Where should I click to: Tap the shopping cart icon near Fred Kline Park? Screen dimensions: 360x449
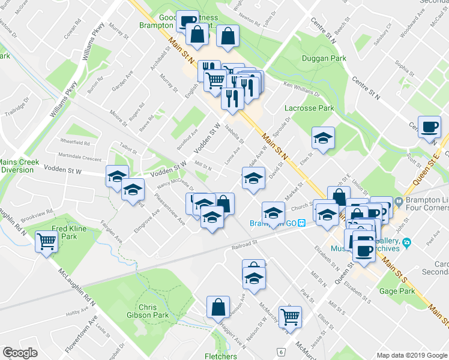point(47,242)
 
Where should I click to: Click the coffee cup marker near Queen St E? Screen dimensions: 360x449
point(429,127)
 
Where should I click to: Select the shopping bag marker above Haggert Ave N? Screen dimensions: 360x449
point(218,307)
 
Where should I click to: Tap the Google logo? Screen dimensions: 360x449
point(20,353)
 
